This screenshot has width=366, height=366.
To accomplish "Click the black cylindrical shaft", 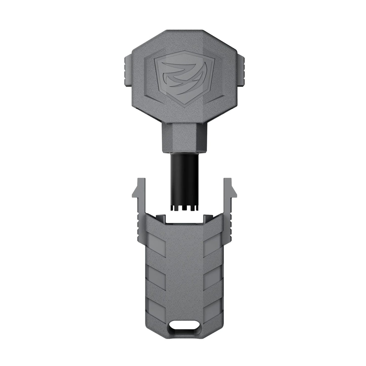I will (182, 177).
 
